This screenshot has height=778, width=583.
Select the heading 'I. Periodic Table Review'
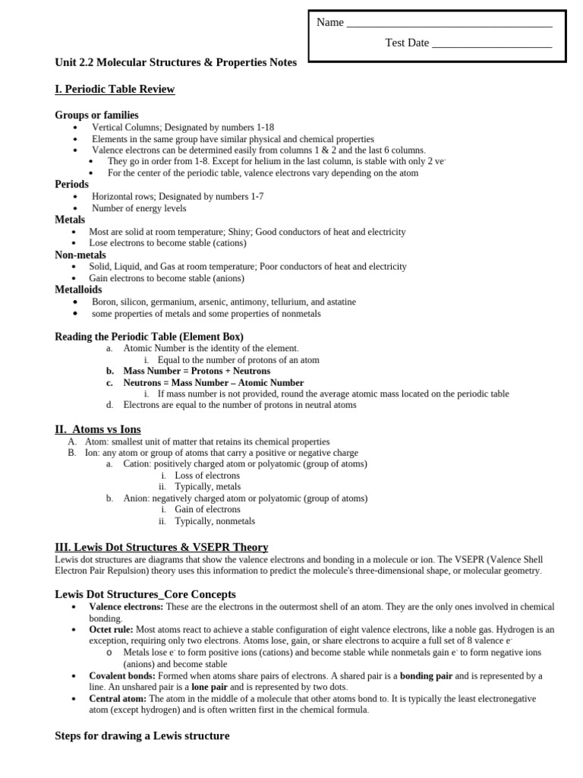tap(115, 90)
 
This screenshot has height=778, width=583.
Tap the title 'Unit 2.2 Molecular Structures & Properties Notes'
tap(175, 62)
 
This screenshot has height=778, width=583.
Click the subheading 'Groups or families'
tap(96, 115)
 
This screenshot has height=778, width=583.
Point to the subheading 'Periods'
tap(71, 185)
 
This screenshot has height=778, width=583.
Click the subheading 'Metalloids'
tap(78, 289)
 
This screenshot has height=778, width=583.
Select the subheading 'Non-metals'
tap(80, 255)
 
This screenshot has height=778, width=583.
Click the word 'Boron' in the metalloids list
tap(105, 302)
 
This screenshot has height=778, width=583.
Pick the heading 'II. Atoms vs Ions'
tap(98, 429)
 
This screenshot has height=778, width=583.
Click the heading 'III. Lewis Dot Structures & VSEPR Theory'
tap(162, 547)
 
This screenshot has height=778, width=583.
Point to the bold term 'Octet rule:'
tap(111, 630)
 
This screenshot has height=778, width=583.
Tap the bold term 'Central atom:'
tap(118, 698)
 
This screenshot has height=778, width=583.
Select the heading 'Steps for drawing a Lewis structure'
tap(142, 736)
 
